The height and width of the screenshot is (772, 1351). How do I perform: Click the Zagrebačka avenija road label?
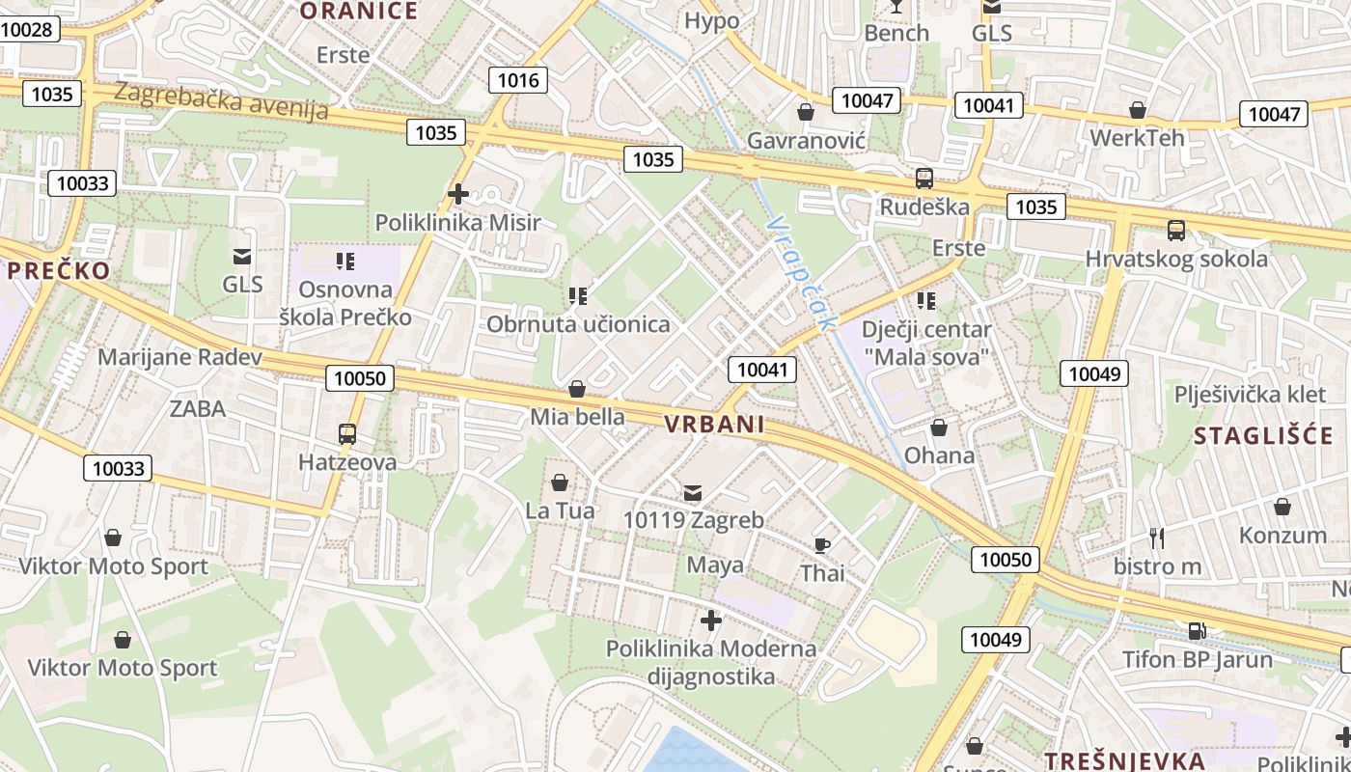pyautogui.click(x=221, y=100)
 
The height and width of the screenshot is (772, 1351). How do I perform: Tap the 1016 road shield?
pyautogui.click(x=517, y=79)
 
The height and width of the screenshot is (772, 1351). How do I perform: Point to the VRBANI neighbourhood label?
pyautogui.click(x=714, y=424)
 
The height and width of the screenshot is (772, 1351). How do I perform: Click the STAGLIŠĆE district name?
pyautogui.click(x=1263, y=435)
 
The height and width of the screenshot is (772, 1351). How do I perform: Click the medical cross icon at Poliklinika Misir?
pyautogui.click(x=458, y=194)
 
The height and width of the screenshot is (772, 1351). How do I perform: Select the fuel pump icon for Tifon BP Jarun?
pyautogui.click(x=1197, y=631)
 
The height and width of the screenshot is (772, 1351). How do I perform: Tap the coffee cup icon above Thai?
pyautogui.click(x=821, y=545)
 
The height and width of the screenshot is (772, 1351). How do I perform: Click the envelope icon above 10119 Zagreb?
pyautogui.click(x=693, y=493)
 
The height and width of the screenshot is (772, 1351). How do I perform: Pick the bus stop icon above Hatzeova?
pyautogui.click(x=347, y=434)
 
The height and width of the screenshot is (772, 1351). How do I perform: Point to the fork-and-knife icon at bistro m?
pyautogui.click(x=1157, y=538)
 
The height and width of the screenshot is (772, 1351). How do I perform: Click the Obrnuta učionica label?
pyautogui.click(x=578, y=324)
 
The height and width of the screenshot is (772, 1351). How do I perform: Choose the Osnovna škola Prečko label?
pyautogui.click(x=345, y=303)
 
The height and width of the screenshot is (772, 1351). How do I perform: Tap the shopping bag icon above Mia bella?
pyautogui.click(x=577, y=389)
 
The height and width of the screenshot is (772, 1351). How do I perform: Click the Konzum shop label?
pyautogui.click(x=1282, y=536)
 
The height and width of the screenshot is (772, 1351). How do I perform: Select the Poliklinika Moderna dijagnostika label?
pyautogui.click(x=711, y=662)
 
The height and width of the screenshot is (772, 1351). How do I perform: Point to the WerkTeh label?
pyautogui.click(x=1137, y=137)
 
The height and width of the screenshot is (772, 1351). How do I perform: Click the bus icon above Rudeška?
pyautogui.click(x=924, y=179)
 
